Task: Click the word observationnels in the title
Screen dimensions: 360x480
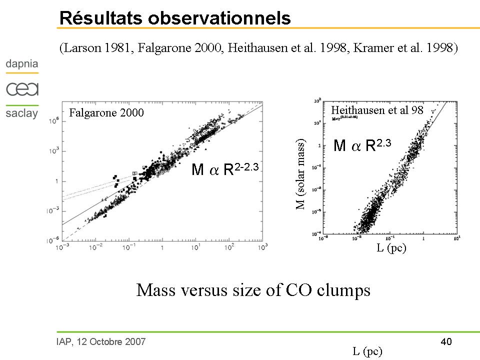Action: [x=218, y=18]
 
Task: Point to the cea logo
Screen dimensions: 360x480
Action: [x=22, y=89]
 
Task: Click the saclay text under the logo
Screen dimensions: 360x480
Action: [x=22, y=113]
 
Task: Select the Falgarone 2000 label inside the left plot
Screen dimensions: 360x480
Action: [x=106, y=113]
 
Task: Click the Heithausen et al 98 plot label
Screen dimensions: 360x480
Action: [x=377, y=110]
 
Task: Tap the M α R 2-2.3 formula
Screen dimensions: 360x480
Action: [x=225, y=169]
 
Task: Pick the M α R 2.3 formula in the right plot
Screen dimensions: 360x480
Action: [x=362, y=145]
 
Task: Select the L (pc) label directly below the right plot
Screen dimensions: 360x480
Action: [x=391, y=248]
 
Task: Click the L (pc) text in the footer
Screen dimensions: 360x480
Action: [x=367, y=351]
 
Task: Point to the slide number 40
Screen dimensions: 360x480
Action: [x=446, y=342]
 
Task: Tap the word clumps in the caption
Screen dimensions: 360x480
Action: [x=342, y=290]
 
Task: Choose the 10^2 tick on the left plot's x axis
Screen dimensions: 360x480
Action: [x=228, y=247]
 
